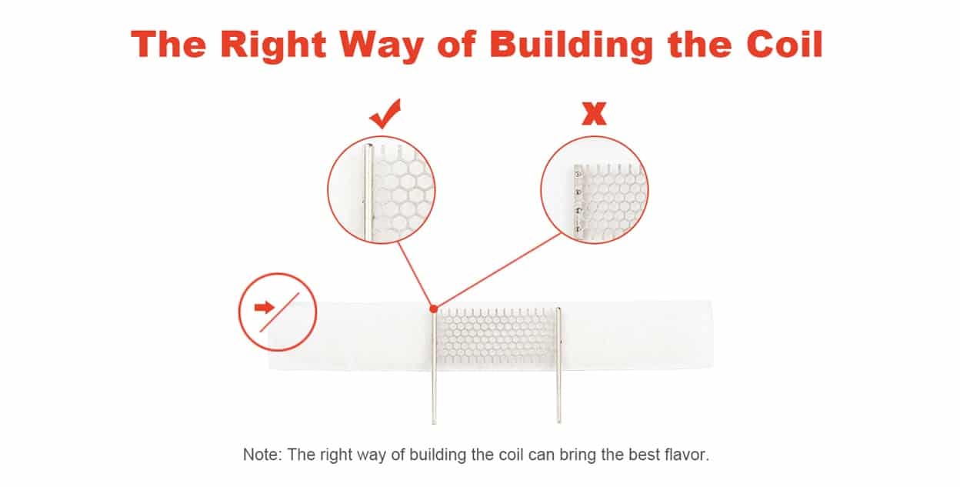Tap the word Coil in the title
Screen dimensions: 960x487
(785, 44)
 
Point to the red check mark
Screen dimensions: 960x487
(385, 114)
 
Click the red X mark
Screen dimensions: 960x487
(594, 114)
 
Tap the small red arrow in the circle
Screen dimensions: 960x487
(264, 307)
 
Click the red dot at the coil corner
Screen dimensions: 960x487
(434, 309)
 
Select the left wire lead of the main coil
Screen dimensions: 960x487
(434, 368)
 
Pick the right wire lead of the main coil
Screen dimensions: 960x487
(558, 365)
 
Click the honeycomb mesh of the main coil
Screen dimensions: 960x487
(496, 335)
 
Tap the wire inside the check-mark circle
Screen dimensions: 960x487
(368, 192)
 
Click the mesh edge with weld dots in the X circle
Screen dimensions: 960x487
(578, 201)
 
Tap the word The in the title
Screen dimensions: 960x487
(168, 45)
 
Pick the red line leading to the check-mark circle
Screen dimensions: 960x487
(415, 274)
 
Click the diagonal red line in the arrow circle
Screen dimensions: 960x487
(279, 312)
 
